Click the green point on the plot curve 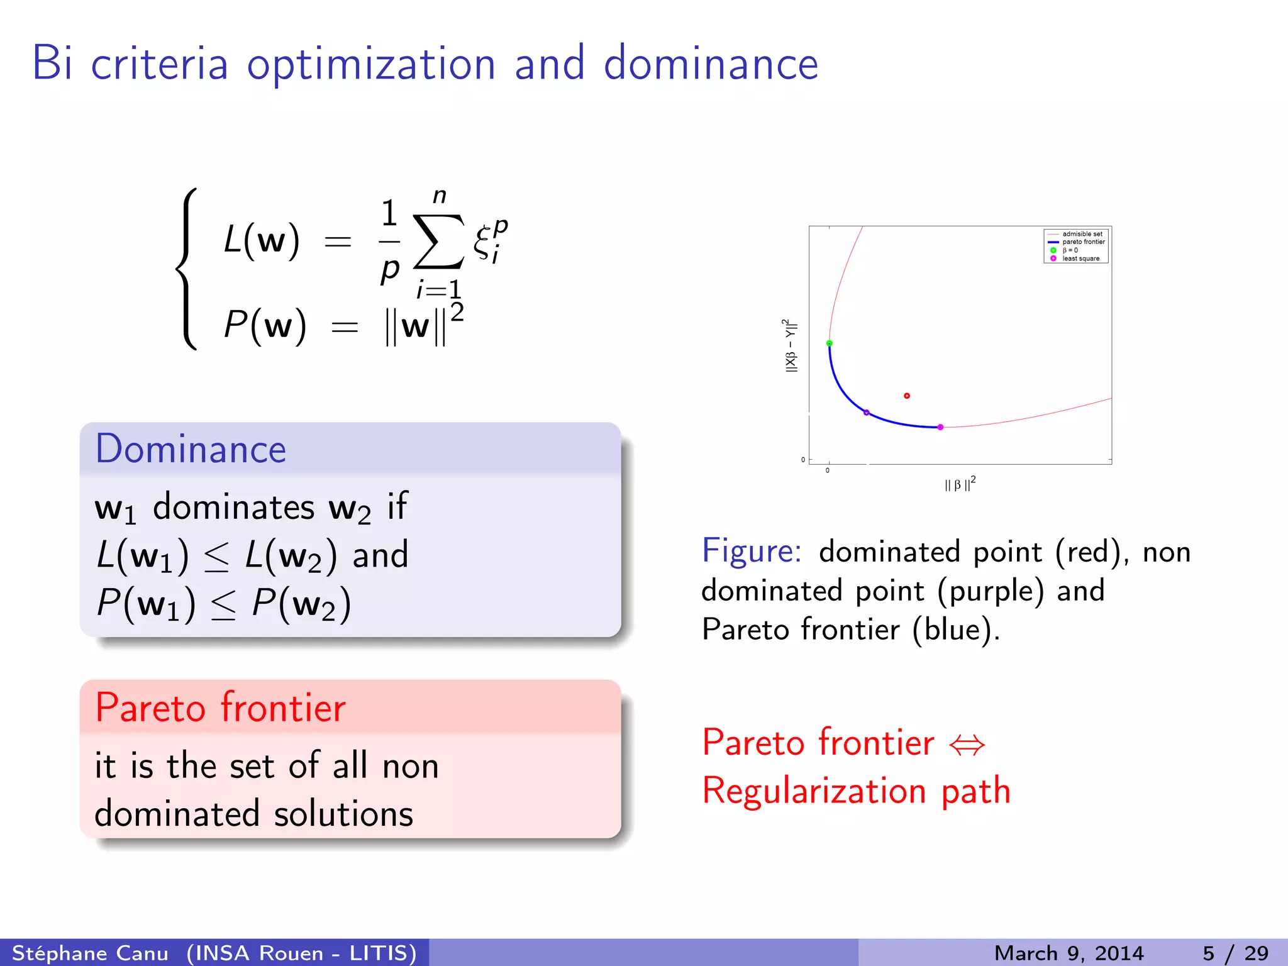coord(830,343)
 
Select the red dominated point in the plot coord(907,396)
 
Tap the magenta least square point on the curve coord(940,427)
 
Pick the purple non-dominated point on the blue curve coord(867,413)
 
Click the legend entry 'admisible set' coord(1082,234)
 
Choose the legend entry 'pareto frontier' coord(1083,242)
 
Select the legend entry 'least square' coord(1080,258)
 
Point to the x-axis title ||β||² coord(960,484)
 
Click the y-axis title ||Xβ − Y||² coord(791,345)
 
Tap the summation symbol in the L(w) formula coord(438,241)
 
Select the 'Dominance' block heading coord(191,449)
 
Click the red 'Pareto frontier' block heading coord(220,708)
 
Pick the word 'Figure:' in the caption coord(752,551)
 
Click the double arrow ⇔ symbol coord(967,745)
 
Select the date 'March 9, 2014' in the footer coord(1069,953)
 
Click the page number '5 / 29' coord(1235,953)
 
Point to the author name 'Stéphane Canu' coord(90,953)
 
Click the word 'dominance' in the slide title coord(711,64)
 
